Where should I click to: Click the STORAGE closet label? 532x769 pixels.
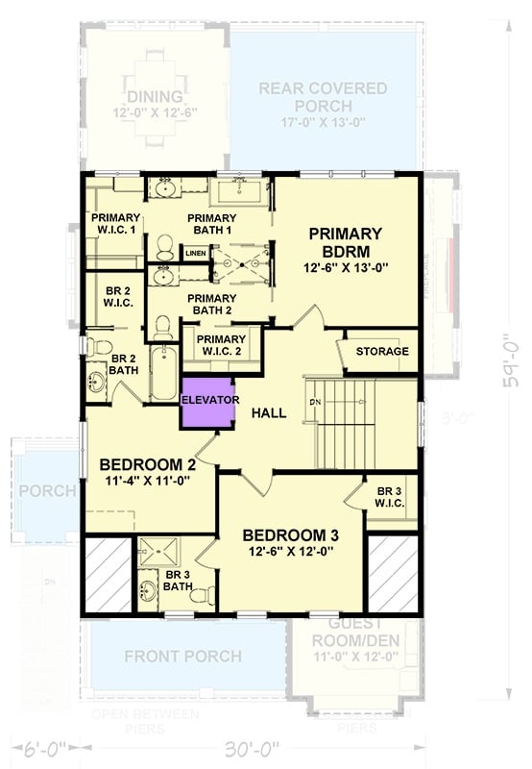[x=382, y=352]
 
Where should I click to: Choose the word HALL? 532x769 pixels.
[x=269, y=412]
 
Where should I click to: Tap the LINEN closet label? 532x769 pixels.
[x=195, y=253]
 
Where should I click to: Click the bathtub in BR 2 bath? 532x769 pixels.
[x=162, y=375]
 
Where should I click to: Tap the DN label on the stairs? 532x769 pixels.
[x=313, y=401]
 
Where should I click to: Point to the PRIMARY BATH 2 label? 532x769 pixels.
[x=211, y=304]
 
